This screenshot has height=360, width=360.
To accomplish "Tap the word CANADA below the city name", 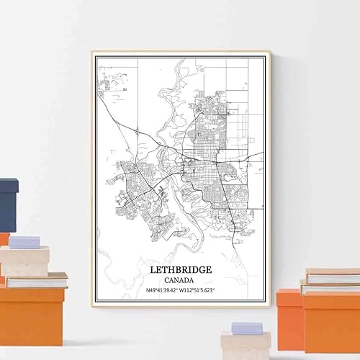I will (181, 280).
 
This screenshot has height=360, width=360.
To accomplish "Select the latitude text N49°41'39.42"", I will (156, 291).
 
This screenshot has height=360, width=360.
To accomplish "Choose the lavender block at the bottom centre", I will (247, 328).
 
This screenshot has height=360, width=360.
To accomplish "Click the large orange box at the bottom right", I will (331, 321).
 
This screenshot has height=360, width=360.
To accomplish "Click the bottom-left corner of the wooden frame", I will (93, 305).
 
